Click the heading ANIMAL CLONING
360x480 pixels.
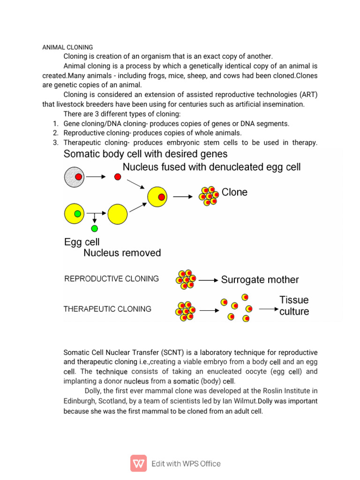(67, 47)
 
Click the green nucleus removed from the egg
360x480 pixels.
(95, 229)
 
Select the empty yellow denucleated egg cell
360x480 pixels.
(117, 214)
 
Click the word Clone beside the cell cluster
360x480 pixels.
(234, 192)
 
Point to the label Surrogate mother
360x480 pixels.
(260, 280)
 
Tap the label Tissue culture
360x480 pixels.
(294, 306)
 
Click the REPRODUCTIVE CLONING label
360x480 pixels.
(112, 279)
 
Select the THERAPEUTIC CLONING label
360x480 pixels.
(107, 309)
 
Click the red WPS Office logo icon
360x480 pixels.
(138, 463)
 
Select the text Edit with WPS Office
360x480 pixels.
(186, 464)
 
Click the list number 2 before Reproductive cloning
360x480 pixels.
(55, 133)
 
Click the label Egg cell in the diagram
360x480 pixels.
(82, 242)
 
